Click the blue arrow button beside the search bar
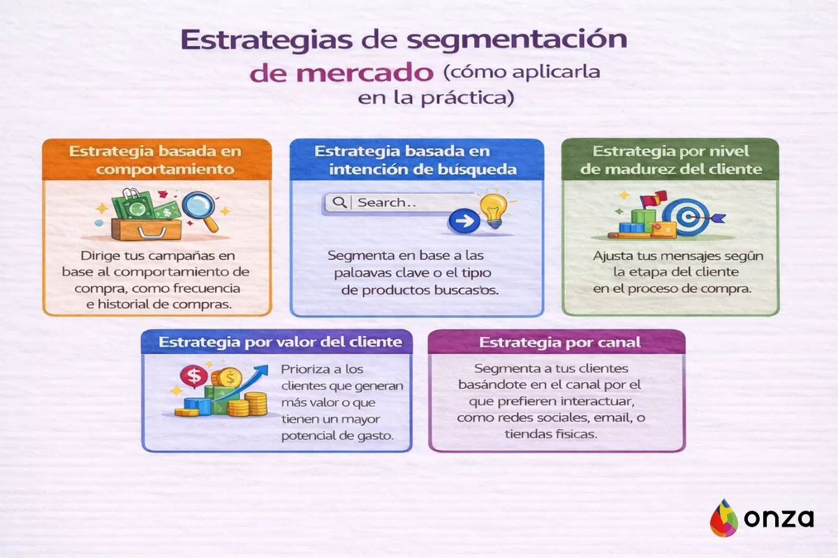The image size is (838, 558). point(462,223)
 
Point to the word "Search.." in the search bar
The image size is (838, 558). point(381,202)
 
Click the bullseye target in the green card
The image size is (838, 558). point(685,216)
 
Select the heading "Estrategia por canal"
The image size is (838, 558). point(556,342)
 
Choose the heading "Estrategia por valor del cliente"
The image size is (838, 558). point(280,342)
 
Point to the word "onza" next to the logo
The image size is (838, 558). point(778,518)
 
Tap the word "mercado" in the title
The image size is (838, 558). point(342,73)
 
